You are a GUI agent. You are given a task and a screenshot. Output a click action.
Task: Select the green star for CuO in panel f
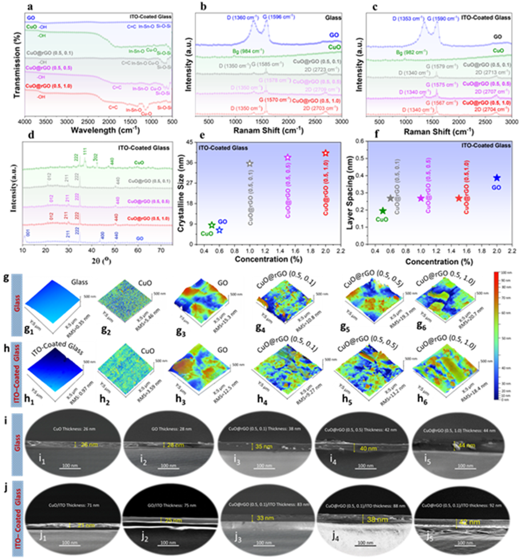pyautogui.click(x=383, y=211)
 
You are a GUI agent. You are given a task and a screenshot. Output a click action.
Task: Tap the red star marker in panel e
pyautogui.click(x=326, y=153)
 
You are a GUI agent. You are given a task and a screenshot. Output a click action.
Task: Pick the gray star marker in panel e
pyautogui.click(x=250, y=164)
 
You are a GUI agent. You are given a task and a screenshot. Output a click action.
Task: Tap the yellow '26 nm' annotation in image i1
pyautogui.click(x=87, y=445)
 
